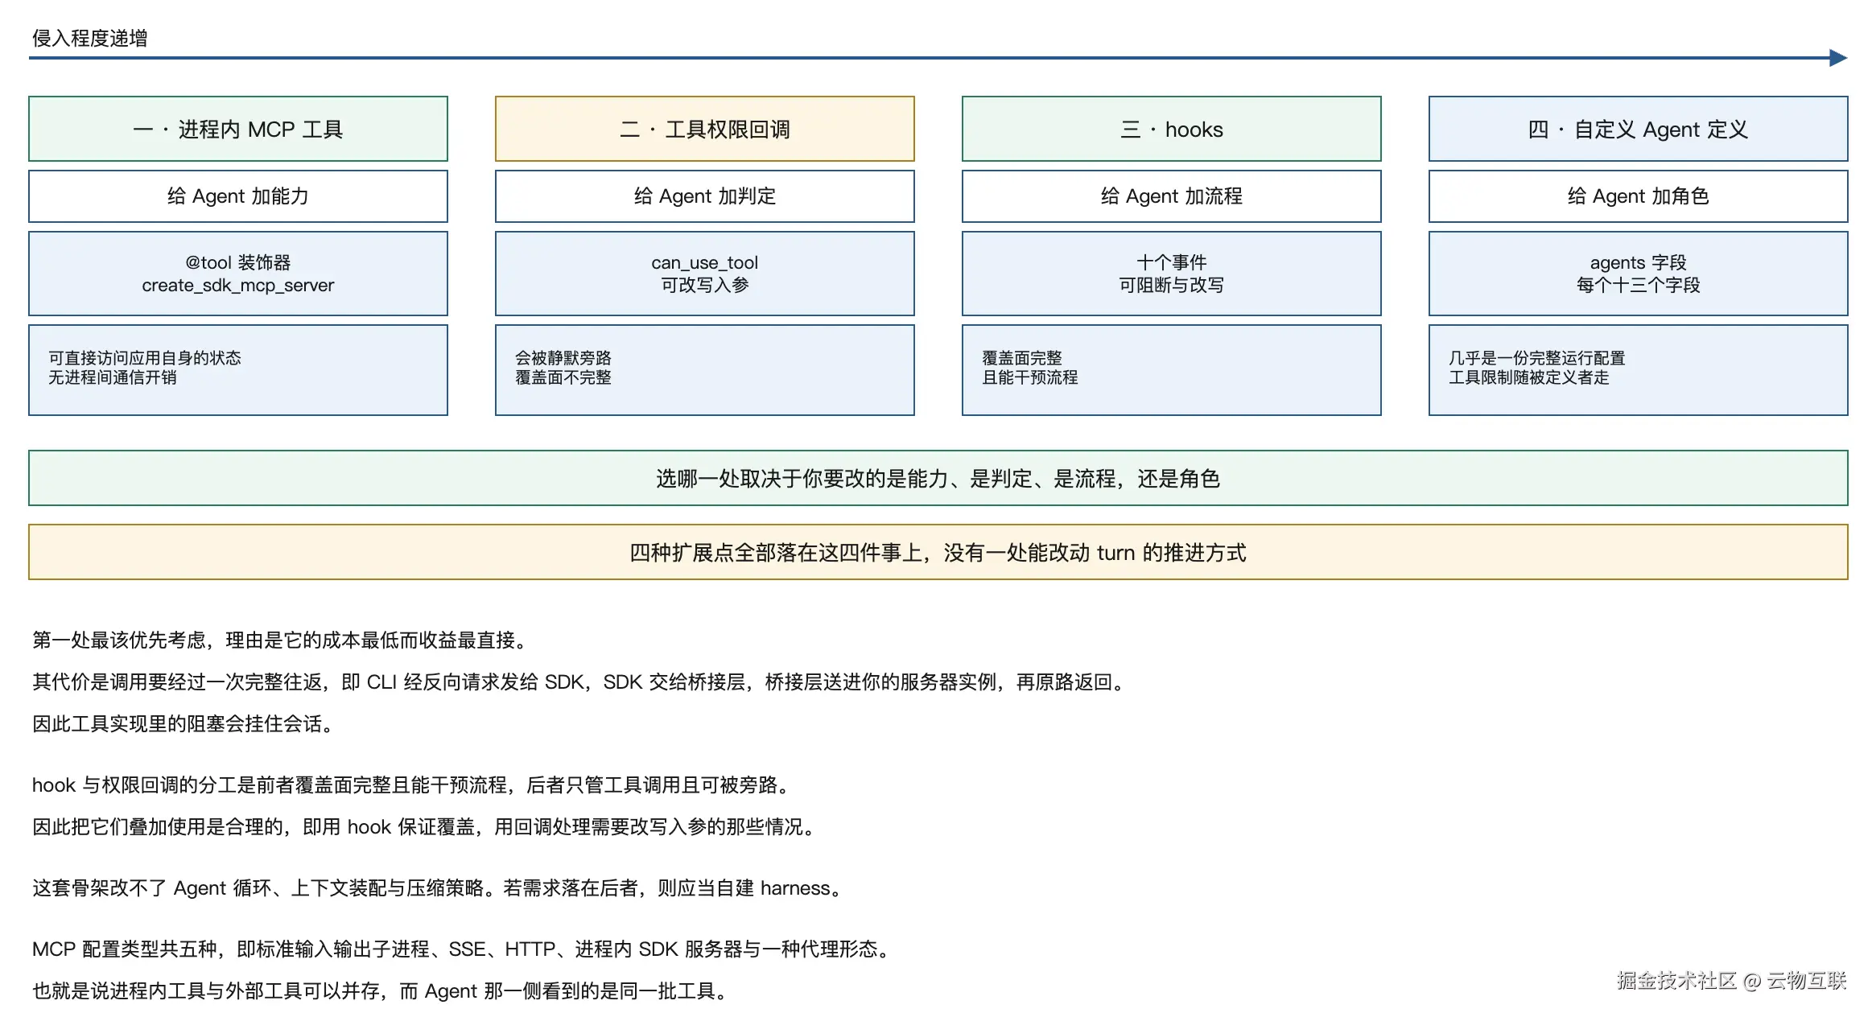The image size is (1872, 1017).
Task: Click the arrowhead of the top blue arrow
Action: pyautogui.click(x=1838, y=58)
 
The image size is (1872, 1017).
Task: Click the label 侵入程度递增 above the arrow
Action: pyautogui.click(x=89, y=38)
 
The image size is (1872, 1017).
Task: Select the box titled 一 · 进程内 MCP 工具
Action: pyautogui.click(x=238, y=129)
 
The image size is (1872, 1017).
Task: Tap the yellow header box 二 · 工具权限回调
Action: pyautogui.click(x=705, y=129)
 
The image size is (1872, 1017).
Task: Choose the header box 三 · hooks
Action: pyautogui.click(x=1172, y=129)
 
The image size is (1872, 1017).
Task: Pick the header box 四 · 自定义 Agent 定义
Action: pyautogui.click(x=1639, y=129)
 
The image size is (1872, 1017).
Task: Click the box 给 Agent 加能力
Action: pyautogui.click(x=238, y=196)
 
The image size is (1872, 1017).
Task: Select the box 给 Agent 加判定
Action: pyautogui.click(x=705, y=196)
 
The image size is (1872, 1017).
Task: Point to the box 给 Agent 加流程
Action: pyautogui.click(x=1172, y=196)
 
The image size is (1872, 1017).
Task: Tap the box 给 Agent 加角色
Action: pyautogui.click(x=1639, y=196)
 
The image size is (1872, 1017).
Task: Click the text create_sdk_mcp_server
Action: pyautogui.click(x=238, y=286)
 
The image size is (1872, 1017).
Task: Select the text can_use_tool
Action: pyautogui.click(x=705, y=262)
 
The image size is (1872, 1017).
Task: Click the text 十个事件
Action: pyautogui.click(x=1172, y=262)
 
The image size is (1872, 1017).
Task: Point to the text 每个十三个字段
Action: pyautogui.click(x=1639, y=285)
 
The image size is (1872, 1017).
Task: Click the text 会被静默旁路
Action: pyautogui.click(x=563, y=358)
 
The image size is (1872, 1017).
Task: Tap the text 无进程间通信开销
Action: pyautogui.click(x=113, y=377)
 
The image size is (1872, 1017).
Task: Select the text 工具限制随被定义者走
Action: pyautogui.click(x=1529, y=377)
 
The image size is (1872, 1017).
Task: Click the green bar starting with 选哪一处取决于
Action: pyautogui.click(x=938, y=478)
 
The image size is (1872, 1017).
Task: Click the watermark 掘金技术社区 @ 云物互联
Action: pyautogui.click(x=1732, y=980)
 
